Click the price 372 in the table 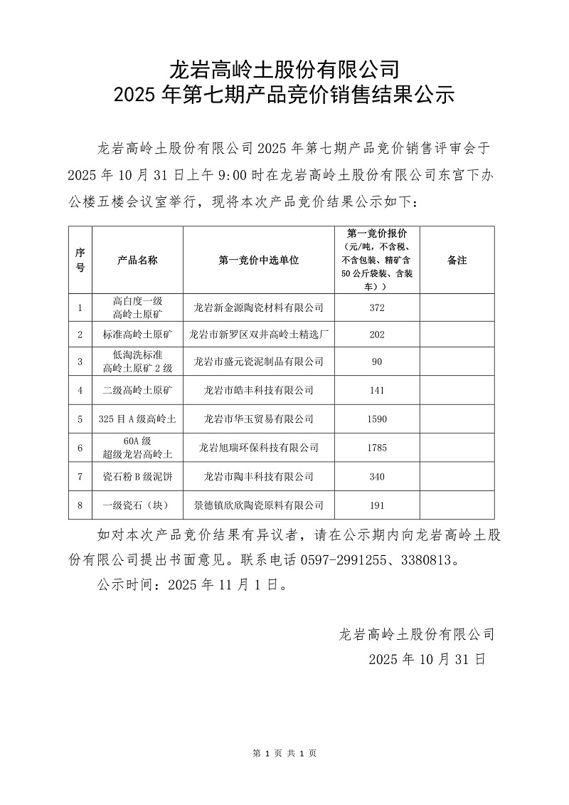pos(377,307)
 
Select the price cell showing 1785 pos(377,448)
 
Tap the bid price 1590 pos(377,419)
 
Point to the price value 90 pos(377,362)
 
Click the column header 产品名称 pos(137,261)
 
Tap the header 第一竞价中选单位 pos(259,261)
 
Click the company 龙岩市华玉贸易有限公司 pos(259,419)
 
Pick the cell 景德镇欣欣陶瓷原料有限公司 pos(259,505)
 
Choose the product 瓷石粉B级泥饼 pos(137,476)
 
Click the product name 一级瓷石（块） pos(137,505)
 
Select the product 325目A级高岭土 pos(137,419)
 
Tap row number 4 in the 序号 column pos(80,390)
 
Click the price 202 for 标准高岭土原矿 pos(377,333)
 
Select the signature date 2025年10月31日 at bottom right pos(427,659)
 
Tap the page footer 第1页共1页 pos(284,753)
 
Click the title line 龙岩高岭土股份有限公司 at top pos(284,70)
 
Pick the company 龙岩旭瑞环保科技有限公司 pos(259,448)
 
